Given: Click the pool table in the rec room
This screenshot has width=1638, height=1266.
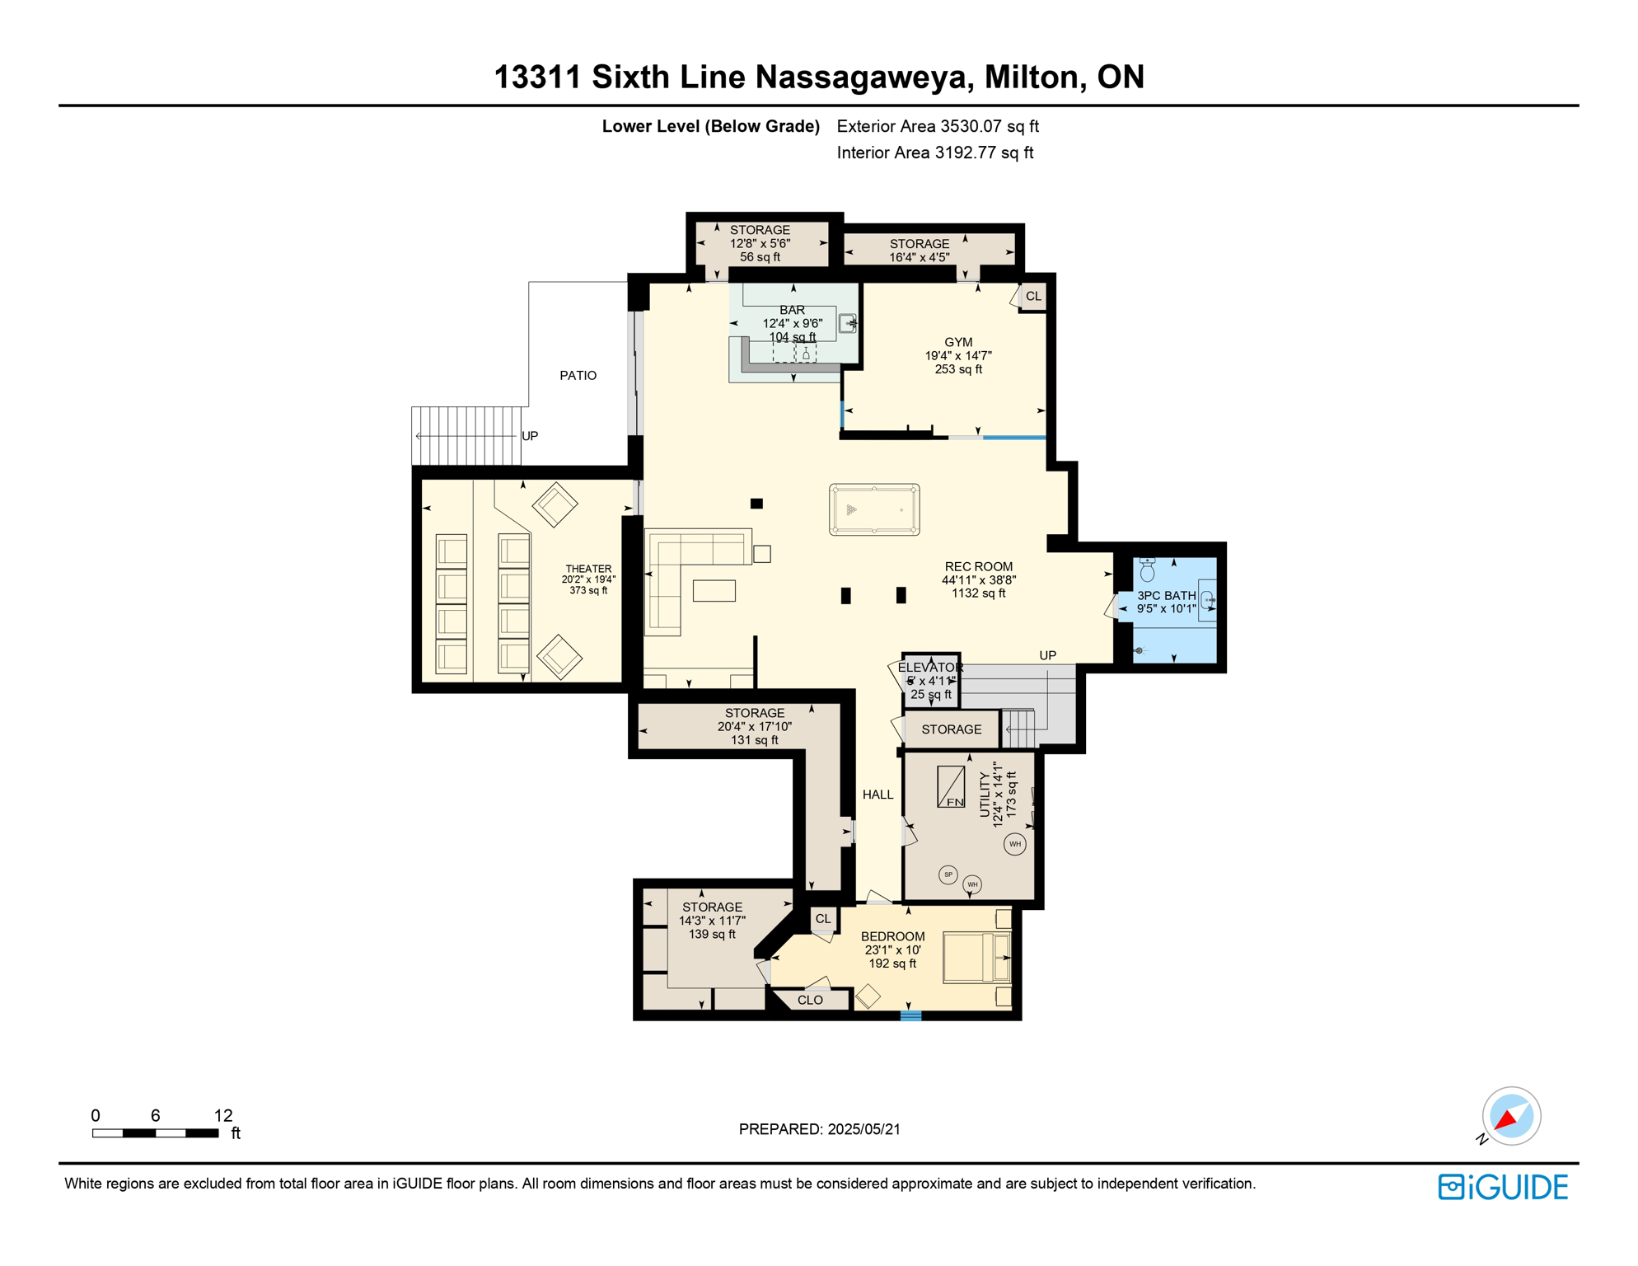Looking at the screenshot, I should (874, 510).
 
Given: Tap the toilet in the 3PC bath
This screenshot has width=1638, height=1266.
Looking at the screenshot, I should (1147, 569).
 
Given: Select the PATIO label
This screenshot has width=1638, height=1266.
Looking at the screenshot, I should (578, 376).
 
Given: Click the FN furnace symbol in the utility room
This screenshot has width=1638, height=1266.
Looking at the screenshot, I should (951, 787).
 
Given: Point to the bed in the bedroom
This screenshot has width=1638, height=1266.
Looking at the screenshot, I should (976, 957).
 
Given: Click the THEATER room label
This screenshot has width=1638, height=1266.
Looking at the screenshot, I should (588, 569).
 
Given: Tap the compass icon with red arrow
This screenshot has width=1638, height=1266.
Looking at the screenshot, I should (1510, 1116).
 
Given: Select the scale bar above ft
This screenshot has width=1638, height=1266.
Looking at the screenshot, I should (155, 1133).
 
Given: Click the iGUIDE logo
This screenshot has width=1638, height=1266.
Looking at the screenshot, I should (1503, 1187).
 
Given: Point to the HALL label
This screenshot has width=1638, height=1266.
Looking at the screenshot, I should (877, 795).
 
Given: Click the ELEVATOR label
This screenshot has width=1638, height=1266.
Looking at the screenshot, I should (929, 668).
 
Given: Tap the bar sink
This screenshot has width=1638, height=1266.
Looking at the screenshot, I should (847, 323).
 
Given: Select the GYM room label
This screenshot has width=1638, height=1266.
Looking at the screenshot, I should (958, 342).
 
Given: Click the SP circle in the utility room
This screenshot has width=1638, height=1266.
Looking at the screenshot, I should (948, 874).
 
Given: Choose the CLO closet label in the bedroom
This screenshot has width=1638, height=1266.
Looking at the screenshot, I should (810, 1000).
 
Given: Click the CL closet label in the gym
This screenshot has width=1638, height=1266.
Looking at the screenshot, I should (1033, 297).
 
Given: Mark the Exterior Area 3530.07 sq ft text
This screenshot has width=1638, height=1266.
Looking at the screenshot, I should (937, 126).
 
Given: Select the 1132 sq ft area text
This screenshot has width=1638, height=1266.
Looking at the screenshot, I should (978, 593).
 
